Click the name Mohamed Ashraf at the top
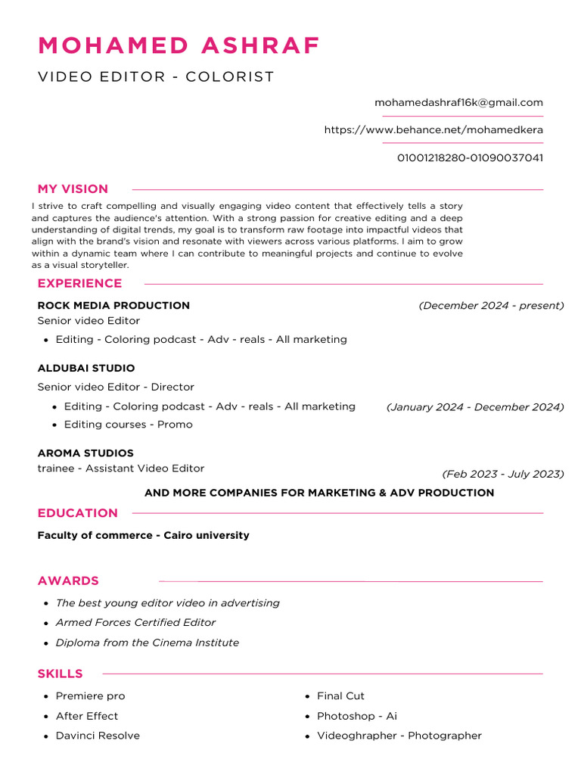(x=179, y=45)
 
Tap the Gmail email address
(x=458, y=103)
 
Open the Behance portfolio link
(x=433, y=130)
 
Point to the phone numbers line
(x=470, y=158)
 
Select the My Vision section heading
(x=73, y=189)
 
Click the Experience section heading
(x=79, y=284)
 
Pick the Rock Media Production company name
(x=113, y=306)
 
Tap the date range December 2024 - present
(x=491, y=306)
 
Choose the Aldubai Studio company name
(x=86, y=369)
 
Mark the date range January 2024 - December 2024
(x=475, y=407)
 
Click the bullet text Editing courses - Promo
(x=128, y=425)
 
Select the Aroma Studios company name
(x=85, y=453)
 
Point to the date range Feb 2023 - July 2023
(x=503, y=475)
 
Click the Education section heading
(x=77, y=513)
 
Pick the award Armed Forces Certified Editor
(x=135, y=623)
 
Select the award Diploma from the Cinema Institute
(x=147, y=643)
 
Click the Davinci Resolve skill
(x=98, y=736)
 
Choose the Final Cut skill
(x=340, y=696)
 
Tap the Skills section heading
(x=60, y=674)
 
